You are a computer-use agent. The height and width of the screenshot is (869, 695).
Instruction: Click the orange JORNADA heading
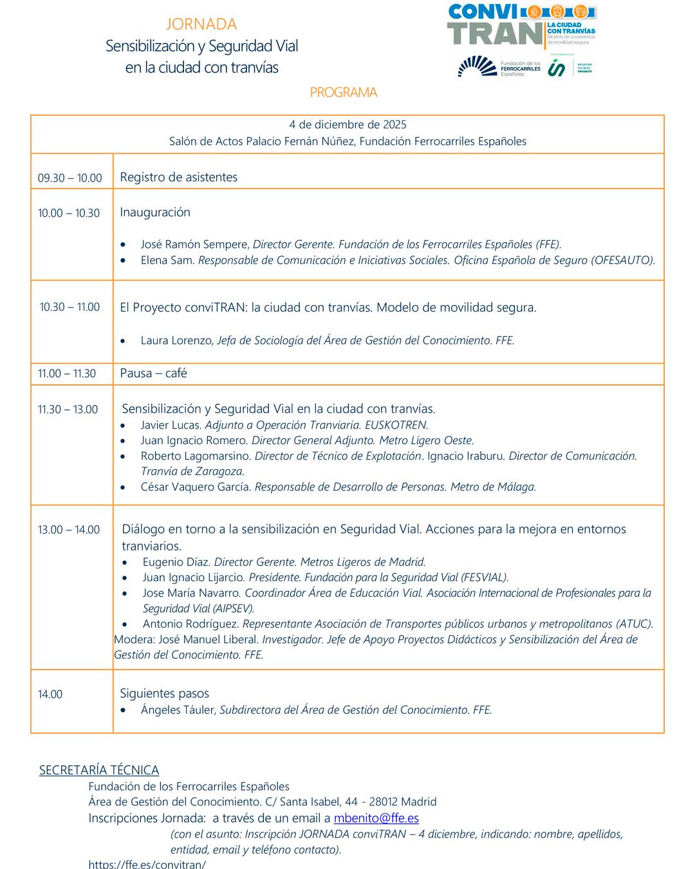pyautogui.click(x=201, y=24)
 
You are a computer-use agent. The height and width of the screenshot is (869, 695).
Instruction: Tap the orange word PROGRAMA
pyautogui.click(x=344, y=92)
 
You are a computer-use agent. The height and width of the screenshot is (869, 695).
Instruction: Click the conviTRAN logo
pyautogui.click(x=521, y=26)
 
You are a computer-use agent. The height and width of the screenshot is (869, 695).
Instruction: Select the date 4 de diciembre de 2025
pyautogui.click(x=347, y=124)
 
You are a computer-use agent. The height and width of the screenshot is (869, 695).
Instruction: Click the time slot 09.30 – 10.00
pyautogui.click(x=69, y=178)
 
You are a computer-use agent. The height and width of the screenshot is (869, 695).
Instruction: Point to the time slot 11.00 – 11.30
pyautogui.click(x=67, y=373)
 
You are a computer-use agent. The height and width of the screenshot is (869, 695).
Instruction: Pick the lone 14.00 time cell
pyautogui.click(x=50, y=694)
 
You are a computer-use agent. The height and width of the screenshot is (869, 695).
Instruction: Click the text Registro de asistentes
pyautogui.click(x=178, y=177)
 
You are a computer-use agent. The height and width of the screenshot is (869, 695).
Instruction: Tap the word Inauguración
pyautogui.click(x=155, y=212)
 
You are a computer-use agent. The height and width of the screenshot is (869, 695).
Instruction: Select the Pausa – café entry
pyautogui.click(x=153, y=373)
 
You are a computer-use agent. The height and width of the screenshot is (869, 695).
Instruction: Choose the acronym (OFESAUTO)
pyautogui.click(x=623, y=260)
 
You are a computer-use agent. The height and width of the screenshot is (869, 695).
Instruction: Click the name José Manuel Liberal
pyautogui.click(x=208, y=639)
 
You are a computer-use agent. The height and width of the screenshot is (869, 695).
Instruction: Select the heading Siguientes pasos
pyautogui.click(x=164, y=693)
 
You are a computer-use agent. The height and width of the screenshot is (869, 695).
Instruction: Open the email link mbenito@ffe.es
pyautogui.click(x=376, y=818)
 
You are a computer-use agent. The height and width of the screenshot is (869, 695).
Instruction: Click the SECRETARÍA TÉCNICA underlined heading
pyautogui.click(x=99, y=770)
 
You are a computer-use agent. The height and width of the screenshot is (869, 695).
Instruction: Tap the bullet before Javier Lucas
pyautogui.click(x=123, y=425)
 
